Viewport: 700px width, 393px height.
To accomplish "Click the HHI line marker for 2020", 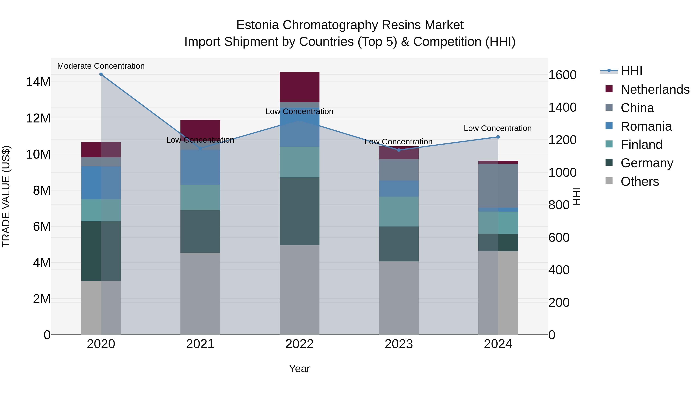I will [x=101, y=74].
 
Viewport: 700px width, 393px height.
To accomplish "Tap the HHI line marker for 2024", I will [x=498, y=137].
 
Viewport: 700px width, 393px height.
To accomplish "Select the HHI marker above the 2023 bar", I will [x=399, y=150].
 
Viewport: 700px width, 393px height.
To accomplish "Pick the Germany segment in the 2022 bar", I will [x=299, y=211].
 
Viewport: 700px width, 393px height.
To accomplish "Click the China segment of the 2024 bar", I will [x=498, y=186].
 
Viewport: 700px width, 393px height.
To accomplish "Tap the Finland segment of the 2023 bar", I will [x=399, y=212].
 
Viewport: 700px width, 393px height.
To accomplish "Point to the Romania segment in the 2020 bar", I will [x=101, y=183].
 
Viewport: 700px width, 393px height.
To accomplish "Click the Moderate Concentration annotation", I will [x=101, y=66].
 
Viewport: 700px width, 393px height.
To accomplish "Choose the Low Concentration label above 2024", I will [x=498, y=128].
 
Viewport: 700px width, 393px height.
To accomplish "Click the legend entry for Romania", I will [x=646, y=126].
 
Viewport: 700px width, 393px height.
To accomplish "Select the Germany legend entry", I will [x=647, y=163].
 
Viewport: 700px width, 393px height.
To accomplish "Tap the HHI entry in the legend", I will [x=631, y=71].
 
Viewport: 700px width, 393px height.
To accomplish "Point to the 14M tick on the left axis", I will [x=38, y=82].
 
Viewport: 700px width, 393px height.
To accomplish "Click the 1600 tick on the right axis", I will [x=562, y=75].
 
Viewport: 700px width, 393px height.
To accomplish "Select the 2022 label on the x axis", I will [x=299, y=344].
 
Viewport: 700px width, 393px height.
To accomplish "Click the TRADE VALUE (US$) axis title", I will [x=6, y=196].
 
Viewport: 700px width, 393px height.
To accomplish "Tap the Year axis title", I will [x=299, y=369].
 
